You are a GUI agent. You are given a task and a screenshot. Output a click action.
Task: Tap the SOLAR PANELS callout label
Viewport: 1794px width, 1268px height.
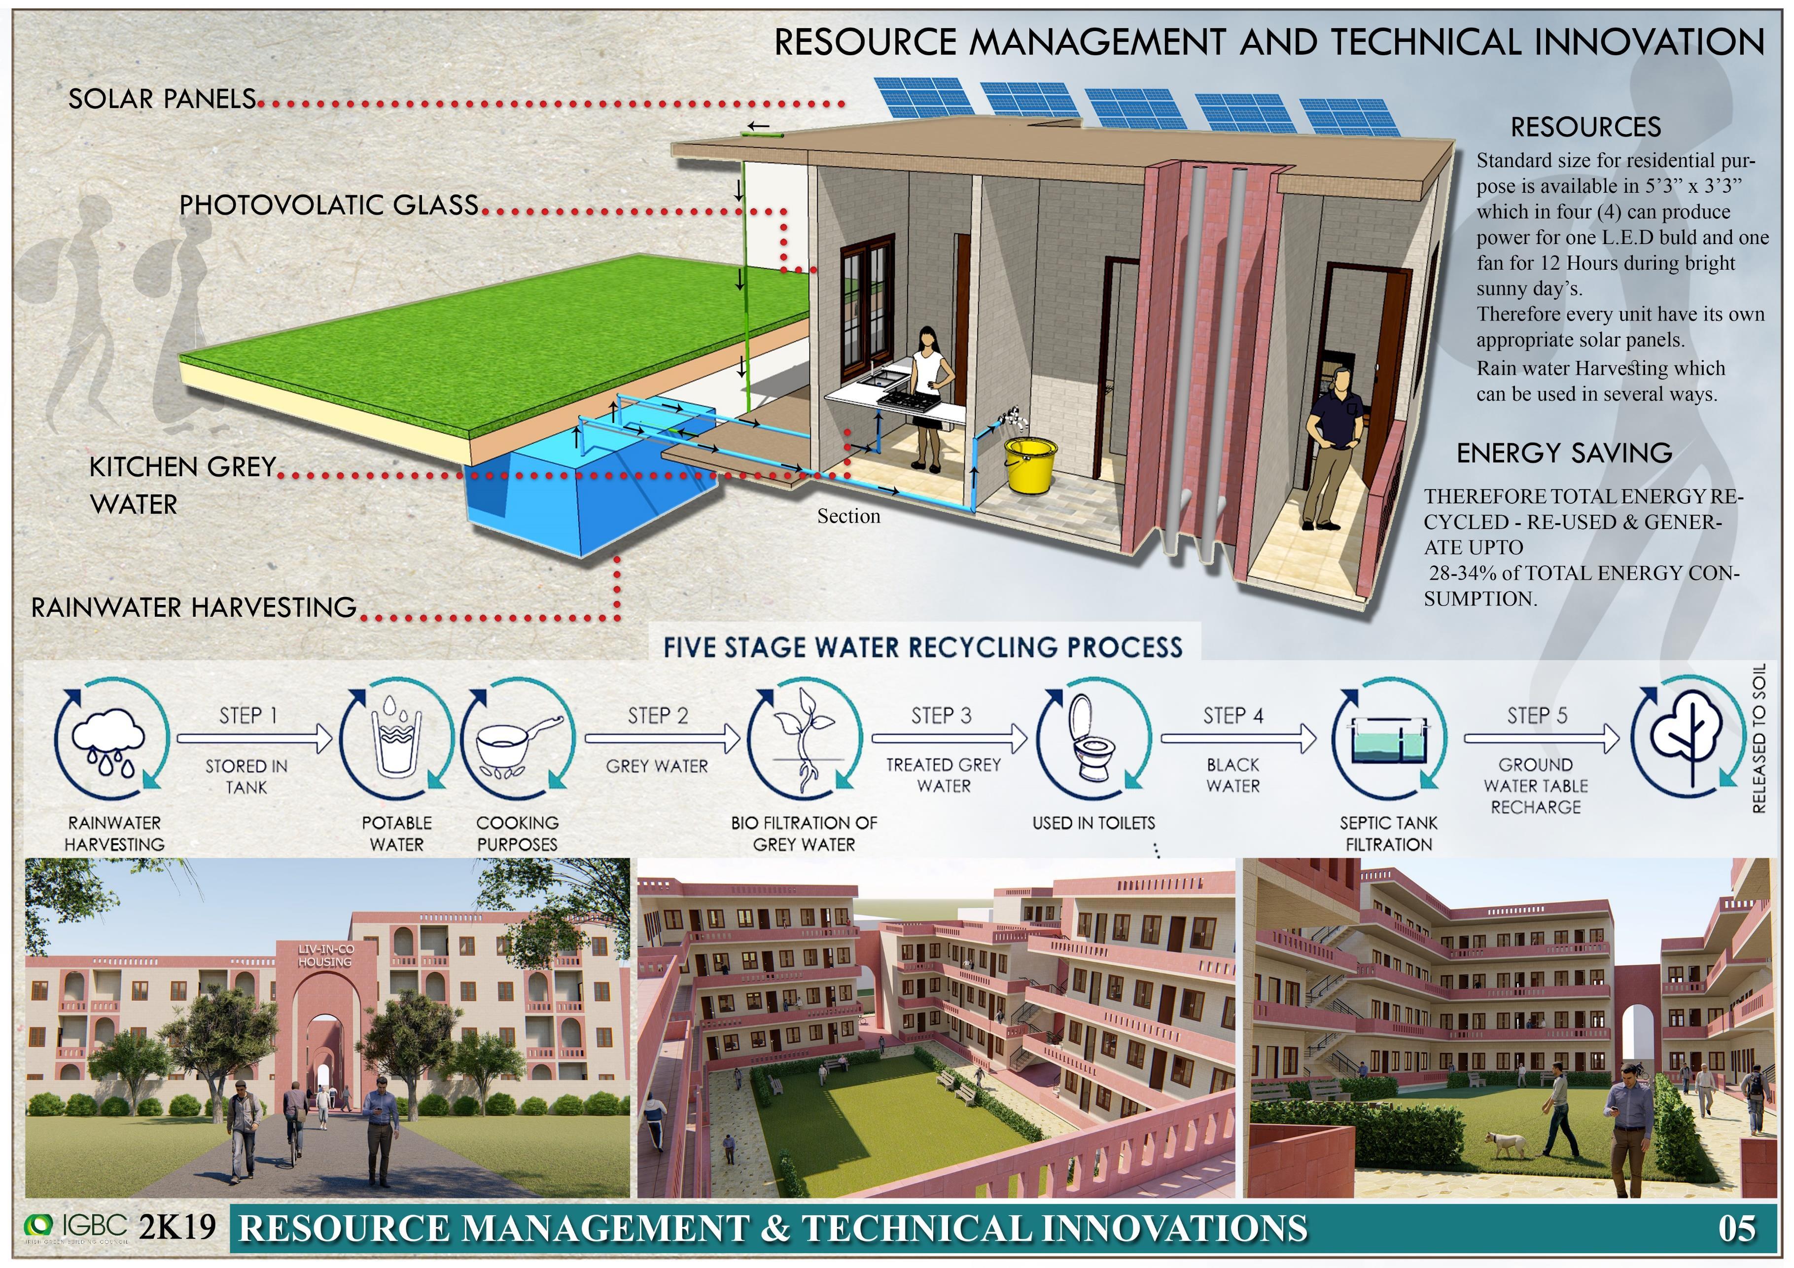point(162,99)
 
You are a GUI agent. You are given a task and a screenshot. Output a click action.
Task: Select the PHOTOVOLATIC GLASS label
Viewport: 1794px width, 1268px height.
point(328,206)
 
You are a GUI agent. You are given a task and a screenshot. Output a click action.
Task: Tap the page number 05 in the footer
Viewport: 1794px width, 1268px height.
point(1736,1228)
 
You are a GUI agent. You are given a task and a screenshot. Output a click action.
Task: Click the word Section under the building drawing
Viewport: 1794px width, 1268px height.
point(848,516)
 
